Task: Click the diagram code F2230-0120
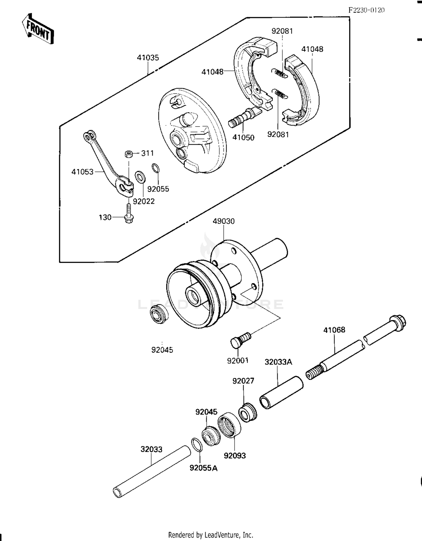coord(366,10)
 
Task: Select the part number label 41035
coord(148,58)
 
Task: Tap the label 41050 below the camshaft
coord(243,137)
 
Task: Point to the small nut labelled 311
coord(129,154)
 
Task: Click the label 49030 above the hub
coord(224,221)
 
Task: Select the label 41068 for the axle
coord(334,330)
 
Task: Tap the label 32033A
coord(278,362)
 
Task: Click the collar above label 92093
coord(229,425)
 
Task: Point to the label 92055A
coord(203,468)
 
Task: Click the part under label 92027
coord(248,412)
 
